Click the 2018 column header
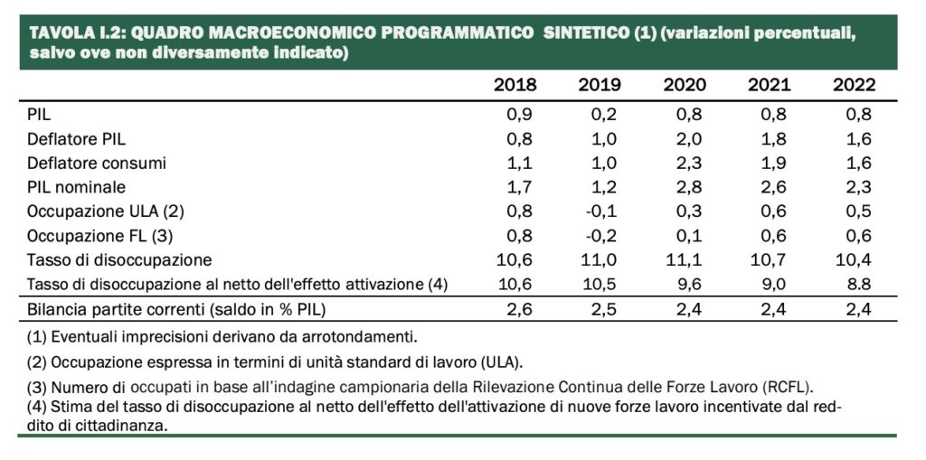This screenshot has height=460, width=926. [x=515, y=85]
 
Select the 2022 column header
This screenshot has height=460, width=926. [x=854, y=85]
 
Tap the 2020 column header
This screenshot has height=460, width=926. [x=685, y=85]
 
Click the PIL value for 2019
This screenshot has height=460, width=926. [x=603, y=115]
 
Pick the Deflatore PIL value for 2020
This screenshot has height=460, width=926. [x=688, y=139]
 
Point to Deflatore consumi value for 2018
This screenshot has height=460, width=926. [x=519, y=163]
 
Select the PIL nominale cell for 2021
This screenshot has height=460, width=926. [x=774, y=187]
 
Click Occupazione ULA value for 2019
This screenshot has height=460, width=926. [x=601, y=211]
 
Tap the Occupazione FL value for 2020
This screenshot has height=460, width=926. [x=688, y=236]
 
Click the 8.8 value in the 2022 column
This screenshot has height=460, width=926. [x=858, y=284]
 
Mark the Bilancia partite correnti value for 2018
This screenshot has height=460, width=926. [x=519, y=309]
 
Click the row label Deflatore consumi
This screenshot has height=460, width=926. [x=96, y=163]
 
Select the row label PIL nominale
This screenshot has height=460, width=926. [x=76, y=187]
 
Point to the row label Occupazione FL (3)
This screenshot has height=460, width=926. [x=99, y=236]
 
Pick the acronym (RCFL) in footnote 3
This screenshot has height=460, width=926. [x=788, y=388]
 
